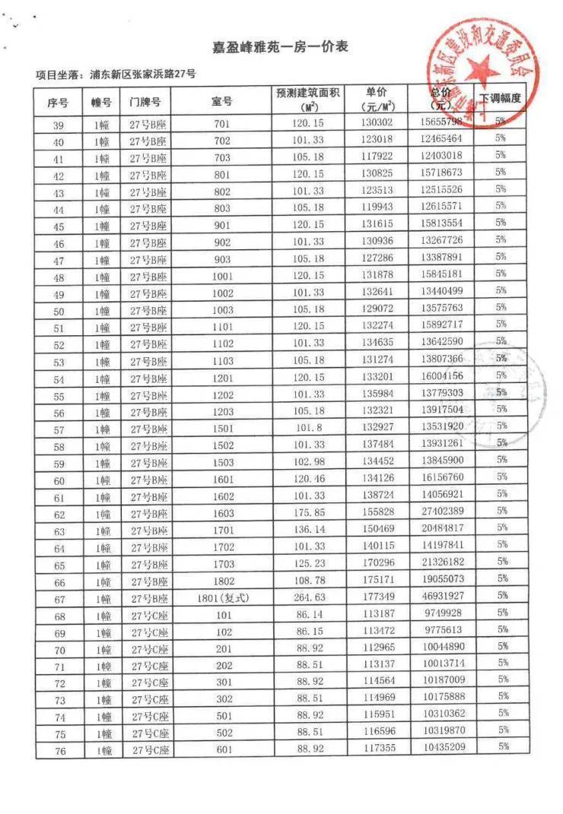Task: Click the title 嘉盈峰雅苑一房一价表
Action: [x=281, y=47]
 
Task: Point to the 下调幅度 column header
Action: [x=500, y=100]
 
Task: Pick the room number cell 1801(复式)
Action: [x=221, y=597]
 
